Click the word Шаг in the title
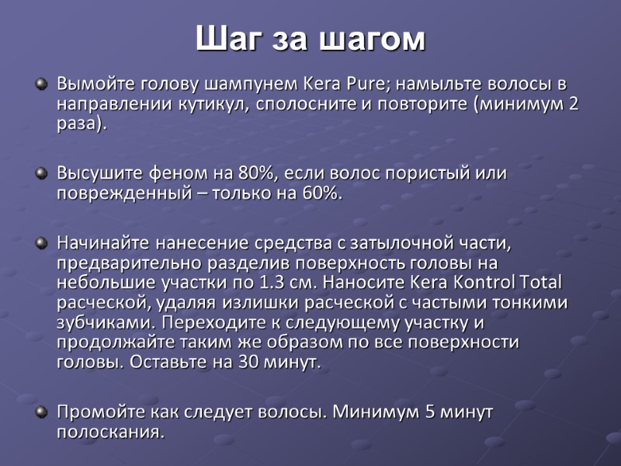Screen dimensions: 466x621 tap(226, 39)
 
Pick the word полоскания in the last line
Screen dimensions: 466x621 tap(109, 431)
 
